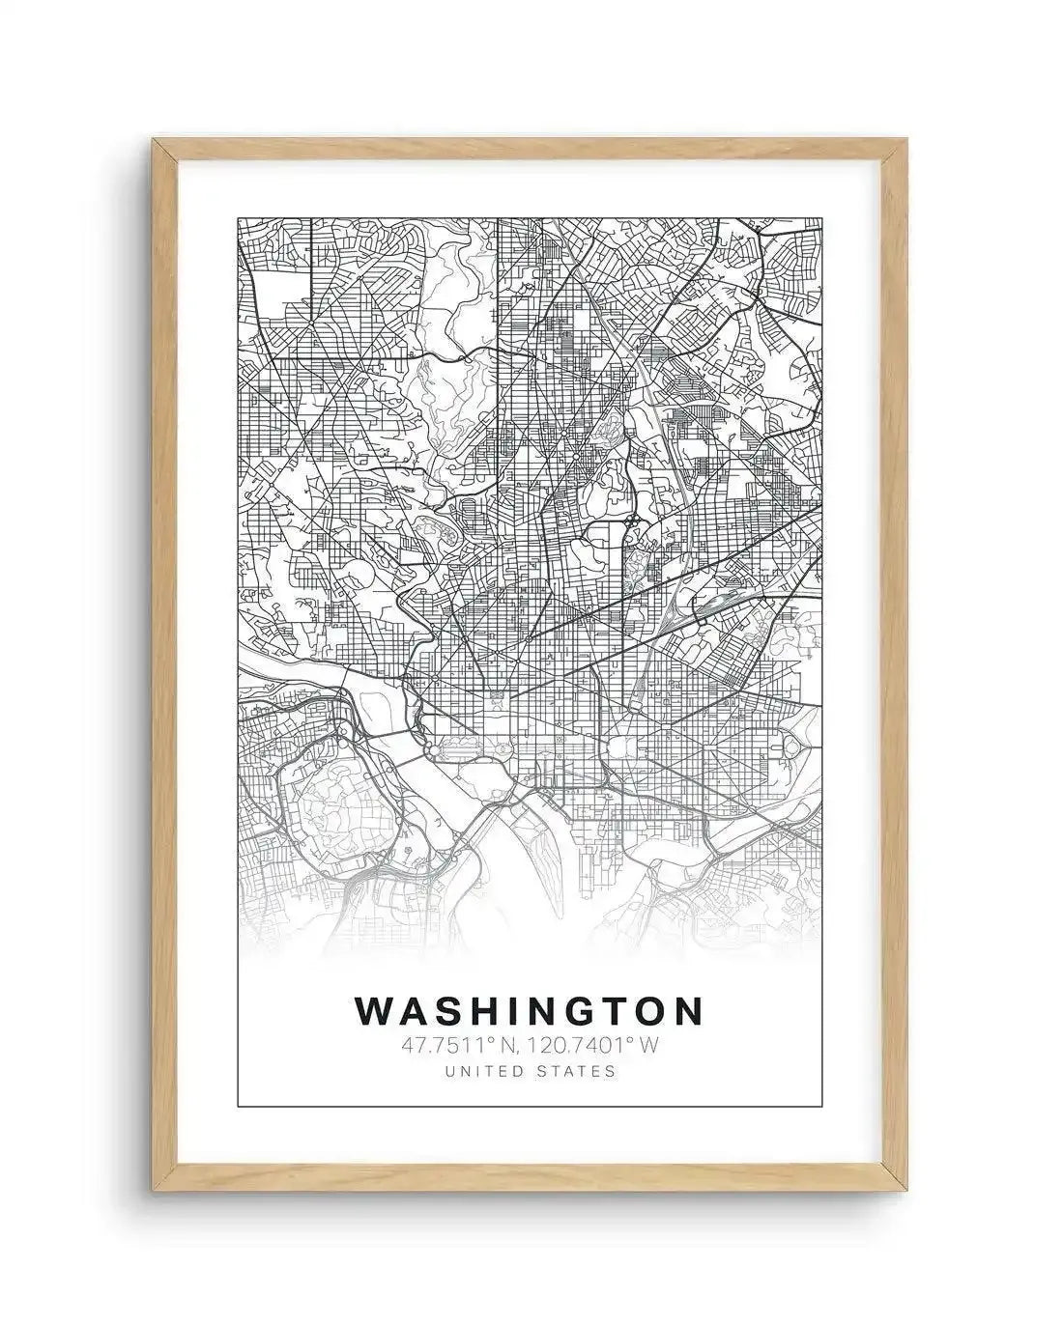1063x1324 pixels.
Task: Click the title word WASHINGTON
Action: click(529, 1010)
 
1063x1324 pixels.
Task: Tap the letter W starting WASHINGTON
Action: click(376, 1010)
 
